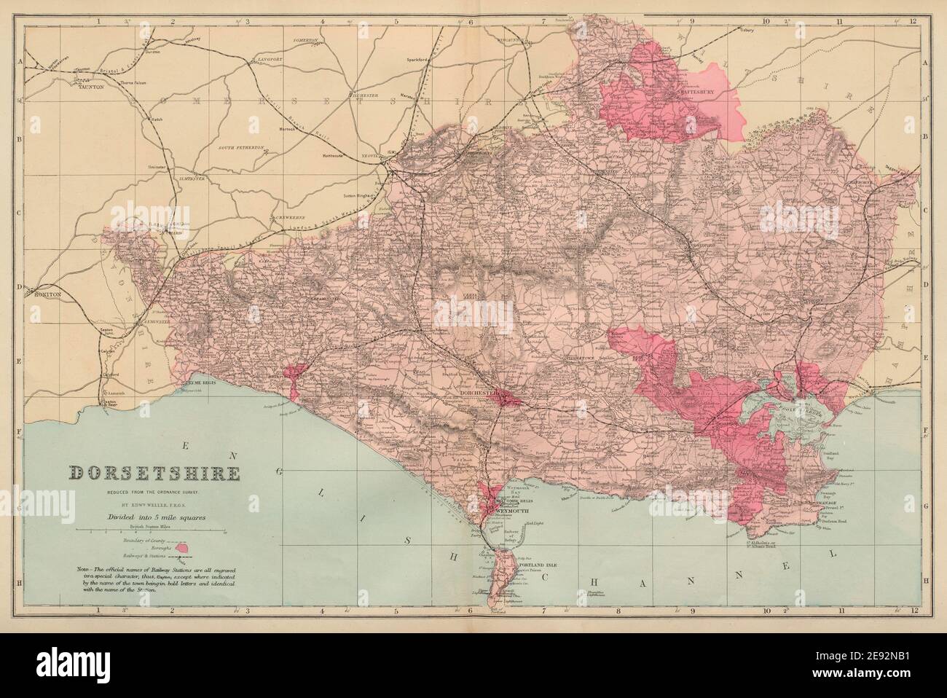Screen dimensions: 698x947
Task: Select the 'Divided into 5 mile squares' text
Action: coord(153,517)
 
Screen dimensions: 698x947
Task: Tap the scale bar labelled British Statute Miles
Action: coord(153,533)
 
